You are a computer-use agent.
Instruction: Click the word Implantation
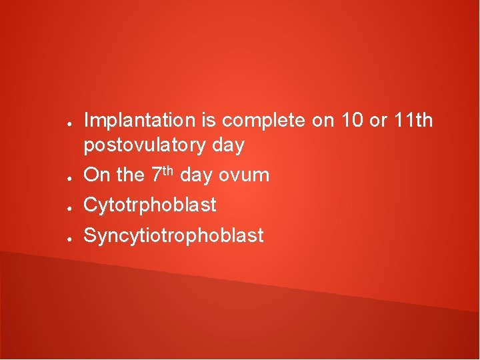click(x=139, y=121)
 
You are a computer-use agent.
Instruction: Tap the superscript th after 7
click(x=169, y=170)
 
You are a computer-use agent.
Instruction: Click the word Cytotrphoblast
click(x=150, y=205)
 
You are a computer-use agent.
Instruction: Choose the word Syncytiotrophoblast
click(x=173, y=235)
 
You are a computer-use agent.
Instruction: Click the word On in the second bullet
click(x=97, y=175)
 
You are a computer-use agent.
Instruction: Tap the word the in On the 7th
click(x=130, y=175)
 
